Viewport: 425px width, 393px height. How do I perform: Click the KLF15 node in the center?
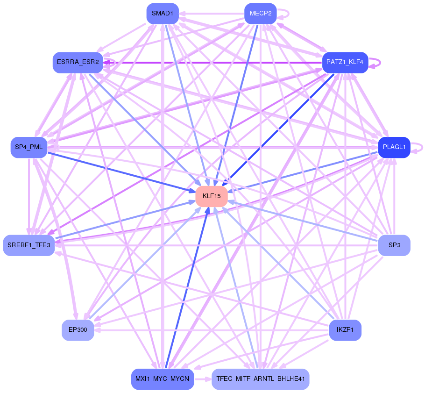212,196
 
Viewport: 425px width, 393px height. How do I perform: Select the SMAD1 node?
163,14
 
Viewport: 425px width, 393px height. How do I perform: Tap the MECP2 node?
261,14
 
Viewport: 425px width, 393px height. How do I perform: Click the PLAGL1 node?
394,147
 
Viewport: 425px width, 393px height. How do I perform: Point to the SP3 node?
394,245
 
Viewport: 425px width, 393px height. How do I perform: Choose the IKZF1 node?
345,330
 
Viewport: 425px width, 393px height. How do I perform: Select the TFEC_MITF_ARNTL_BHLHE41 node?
261,379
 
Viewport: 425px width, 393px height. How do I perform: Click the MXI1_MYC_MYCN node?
163,379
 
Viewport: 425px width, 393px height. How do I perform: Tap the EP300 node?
78,330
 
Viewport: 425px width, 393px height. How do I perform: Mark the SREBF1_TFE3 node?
29,245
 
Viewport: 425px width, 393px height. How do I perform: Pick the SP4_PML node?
29,147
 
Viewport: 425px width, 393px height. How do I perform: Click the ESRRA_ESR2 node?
78,62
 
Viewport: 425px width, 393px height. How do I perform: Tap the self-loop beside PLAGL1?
420,147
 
